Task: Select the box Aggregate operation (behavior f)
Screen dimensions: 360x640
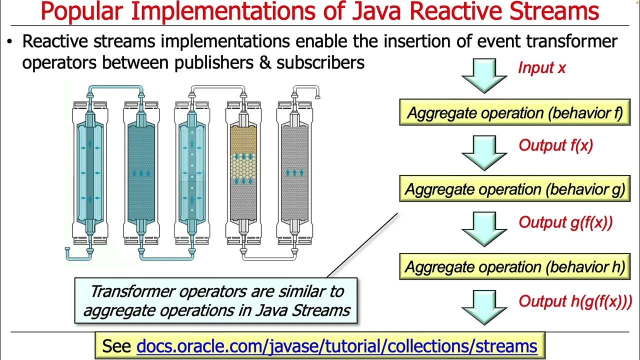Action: pos(514,112)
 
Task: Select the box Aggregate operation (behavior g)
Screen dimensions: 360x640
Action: pos(514,189)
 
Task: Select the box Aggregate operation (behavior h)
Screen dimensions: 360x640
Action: pos(514,266)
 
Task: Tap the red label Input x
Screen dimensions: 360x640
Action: pos(541,67)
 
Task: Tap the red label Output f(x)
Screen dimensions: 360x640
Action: pos(555,145)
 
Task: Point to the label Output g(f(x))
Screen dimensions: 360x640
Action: pos(565,222)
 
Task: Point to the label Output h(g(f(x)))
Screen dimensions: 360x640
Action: pos(575,301)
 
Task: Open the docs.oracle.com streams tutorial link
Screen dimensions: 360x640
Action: pos(336,345)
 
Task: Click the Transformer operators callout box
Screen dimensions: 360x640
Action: pos(216,300)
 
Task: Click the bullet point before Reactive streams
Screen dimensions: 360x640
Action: pos(9,42)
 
